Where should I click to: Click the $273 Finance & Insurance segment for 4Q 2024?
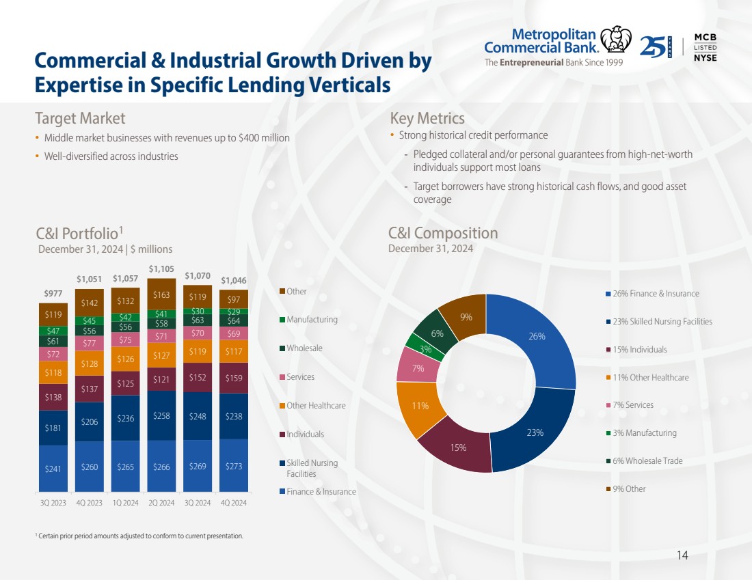[234, 466]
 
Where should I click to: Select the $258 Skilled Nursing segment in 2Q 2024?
[162, 415]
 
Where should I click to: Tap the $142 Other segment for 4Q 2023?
[90, 303]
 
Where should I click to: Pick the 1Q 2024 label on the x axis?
[126, 503]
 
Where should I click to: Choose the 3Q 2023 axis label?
[53, 503]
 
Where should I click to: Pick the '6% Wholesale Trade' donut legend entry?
[648, 461]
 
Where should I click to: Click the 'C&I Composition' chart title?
[443, 233]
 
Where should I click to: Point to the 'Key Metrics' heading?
[427, 118]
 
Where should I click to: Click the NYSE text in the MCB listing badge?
[706, 58]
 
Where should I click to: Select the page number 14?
[682, 555]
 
